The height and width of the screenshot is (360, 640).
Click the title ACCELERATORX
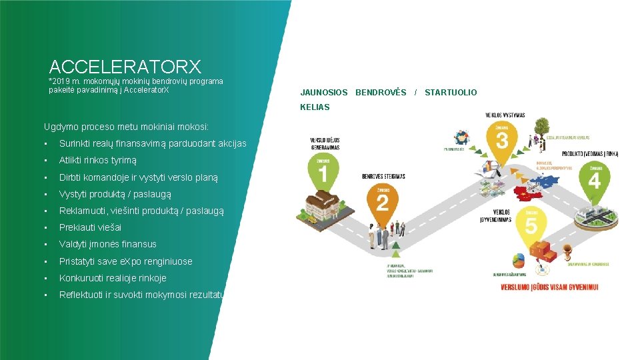coord(125,67)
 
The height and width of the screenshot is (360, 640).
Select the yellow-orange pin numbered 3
coord(503,140)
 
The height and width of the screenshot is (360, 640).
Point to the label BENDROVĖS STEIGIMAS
coord(383,177)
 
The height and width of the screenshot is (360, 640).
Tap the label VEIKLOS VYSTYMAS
coord(505,115)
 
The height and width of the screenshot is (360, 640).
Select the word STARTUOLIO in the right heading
coord(451,93)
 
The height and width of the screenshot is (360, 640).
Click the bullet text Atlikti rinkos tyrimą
coord(97,161)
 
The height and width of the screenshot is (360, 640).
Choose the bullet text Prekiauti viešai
coord(90,227)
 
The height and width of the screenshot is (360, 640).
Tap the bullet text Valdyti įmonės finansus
coord(107,244)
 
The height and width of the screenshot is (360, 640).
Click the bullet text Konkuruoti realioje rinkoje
coord(113,278)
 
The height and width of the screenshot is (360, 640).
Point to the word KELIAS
coord(315,107)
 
